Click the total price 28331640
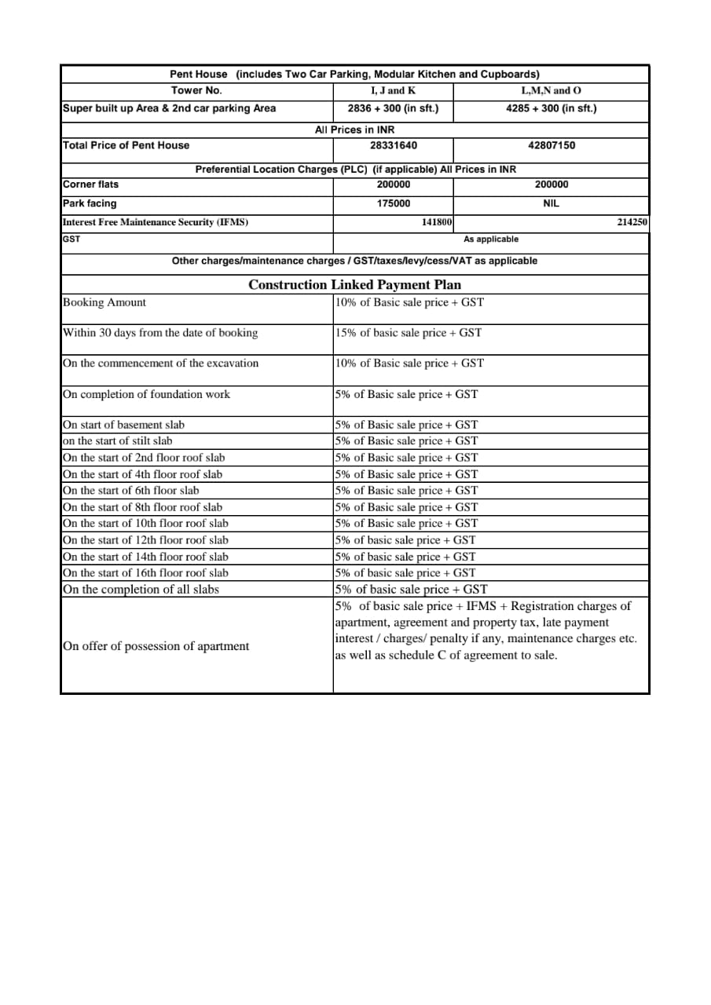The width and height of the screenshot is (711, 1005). click(x=393, y=145)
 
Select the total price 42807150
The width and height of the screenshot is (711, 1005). click(x=551, y=145)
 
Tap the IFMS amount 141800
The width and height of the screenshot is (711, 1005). click(x=437, y=222)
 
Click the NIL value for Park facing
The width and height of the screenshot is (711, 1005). click(x=551, y=203)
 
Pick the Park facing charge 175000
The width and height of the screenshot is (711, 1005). click(x=393, y=203)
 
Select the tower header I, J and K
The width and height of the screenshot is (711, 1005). click(x=393, y=91)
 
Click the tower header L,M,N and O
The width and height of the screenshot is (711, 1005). click(x=551, y=91)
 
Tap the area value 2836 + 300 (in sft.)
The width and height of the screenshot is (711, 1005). click(x=393, y=108)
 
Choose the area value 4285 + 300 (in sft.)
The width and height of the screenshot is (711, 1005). click(x=551, y=108)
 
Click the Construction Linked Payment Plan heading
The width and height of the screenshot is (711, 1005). click(x=354, y=284)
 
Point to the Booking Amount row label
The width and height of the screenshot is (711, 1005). click(x=104, y=302)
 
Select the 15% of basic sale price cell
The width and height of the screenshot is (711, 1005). click(x=408, y=333)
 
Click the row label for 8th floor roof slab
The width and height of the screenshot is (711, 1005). click(x=142, y=507)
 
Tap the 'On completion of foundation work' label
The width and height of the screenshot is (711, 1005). click(x=146, y=394)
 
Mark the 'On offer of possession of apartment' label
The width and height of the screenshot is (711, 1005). click(x=156, y=646)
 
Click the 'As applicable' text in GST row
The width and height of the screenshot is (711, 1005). click(x=491, y=239)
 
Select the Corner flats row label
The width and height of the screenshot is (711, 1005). click(x=91, y=185)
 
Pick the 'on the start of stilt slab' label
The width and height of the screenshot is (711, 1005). click(x=117, y=441)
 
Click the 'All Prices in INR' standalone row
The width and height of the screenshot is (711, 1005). click(x=354, y=130)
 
